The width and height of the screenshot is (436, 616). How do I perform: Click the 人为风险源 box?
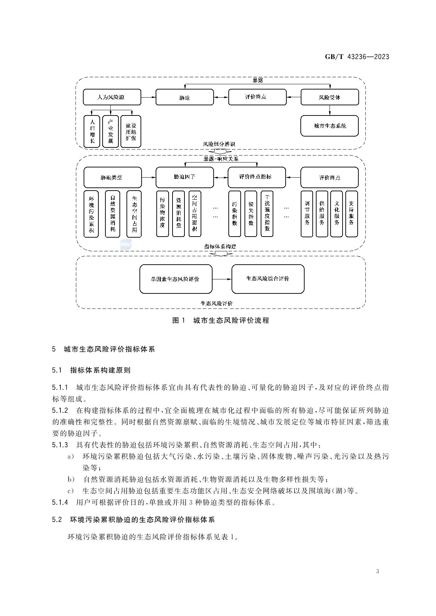coord(112,97)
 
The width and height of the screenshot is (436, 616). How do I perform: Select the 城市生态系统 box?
coord(330,126)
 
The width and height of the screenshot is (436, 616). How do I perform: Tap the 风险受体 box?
coord(330,97)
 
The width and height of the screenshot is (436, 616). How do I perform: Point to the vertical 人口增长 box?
coord(92,131)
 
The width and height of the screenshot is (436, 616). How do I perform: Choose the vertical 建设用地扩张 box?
coord(131,131)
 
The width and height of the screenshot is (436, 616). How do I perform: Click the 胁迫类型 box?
coord(112,177)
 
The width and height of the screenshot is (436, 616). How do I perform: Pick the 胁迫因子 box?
coord(184,177)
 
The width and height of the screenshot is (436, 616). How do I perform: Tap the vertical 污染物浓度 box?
coord(162,213)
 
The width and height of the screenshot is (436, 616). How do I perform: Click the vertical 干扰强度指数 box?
coord(267,213)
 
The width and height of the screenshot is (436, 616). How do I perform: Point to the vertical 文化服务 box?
coord(337,213)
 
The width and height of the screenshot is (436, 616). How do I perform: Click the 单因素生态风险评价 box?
coord(176,279)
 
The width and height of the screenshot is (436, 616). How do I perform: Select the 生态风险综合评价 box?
coord(268,279)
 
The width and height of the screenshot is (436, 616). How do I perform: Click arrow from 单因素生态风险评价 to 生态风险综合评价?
coord(222,279)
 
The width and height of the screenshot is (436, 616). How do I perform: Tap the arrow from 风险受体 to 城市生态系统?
coord(330,110)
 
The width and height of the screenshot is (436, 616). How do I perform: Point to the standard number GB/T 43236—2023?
coord(357,57)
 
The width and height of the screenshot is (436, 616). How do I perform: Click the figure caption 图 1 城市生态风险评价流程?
coord(220,320)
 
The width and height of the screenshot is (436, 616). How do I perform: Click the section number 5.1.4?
coord(60,502)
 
